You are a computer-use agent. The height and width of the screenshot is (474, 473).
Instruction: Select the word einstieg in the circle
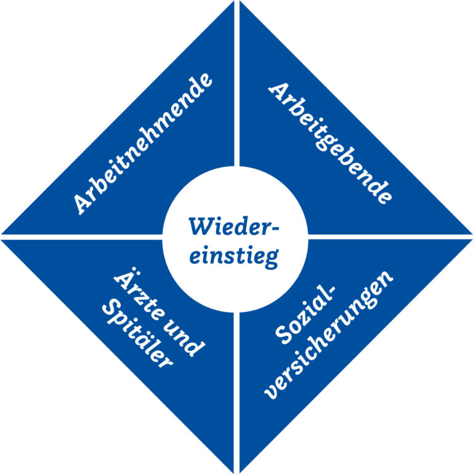233,254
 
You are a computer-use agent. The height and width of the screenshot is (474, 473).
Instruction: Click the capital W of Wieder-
201,226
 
